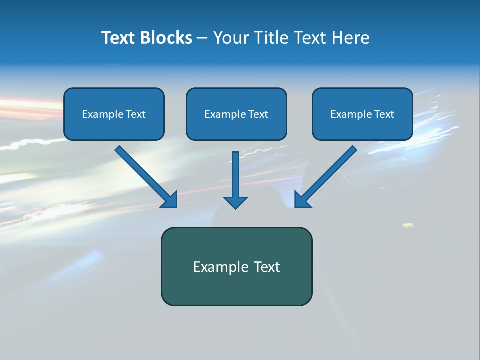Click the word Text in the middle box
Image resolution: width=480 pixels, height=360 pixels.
(x=258, y=114)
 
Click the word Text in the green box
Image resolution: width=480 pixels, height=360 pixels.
(x=267, y=267)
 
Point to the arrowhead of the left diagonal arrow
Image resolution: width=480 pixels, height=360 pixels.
(x=170, y=200)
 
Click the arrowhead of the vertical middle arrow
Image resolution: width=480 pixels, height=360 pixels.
(x=235, y=202)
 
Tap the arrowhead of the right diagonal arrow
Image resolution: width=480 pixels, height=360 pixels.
(x=302, y=200)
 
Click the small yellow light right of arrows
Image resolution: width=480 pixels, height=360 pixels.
(x=408, y=225)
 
